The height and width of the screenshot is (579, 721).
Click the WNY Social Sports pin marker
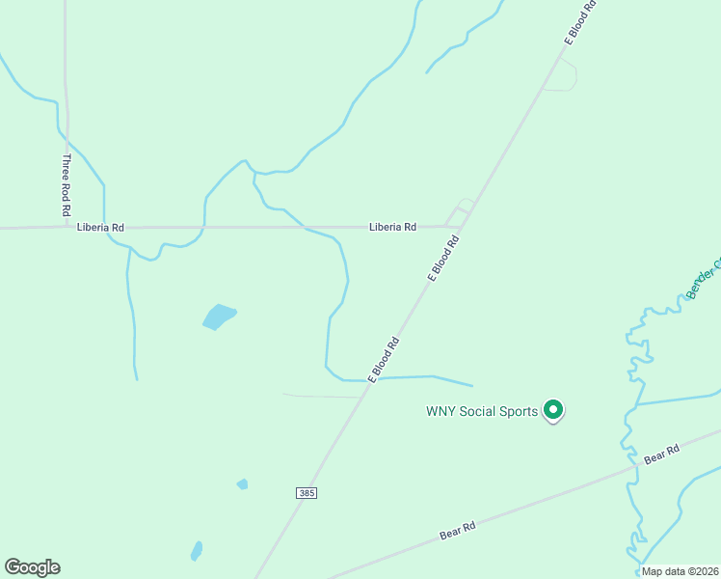point(553,410)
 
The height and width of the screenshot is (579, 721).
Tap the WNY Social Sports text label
point(482,411)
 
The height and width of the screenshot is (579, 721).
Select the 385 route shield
point(307,493)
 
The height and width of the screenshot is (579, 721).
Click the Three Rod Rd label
point(67,184)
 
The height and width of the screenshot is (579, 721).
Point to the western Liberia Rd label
point(101,228)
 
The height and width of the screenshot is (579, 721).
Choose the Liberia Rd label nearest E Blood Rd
point(392,228)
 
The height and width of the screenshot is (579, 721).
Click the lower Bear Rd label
point(458,529)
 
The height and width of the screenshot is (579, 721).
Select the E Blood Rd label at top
point(581,22)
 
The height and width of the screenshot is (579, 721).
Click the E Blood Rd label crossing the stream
point(383,359)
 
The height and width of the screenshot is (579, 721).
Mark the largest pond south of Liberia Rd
point(219,317)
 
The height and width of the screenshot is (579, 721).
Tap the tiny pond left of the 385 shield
point(242,484)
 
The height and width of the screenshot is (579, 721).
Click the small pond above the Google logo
point(197,551)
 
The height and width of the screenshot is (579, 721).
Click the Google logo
point(32,567)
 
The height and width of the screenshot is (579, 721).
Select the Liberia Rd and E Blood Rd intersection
point(461,229)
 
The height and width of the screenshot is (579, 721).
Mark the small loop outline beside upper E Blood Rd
point(561,76)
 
